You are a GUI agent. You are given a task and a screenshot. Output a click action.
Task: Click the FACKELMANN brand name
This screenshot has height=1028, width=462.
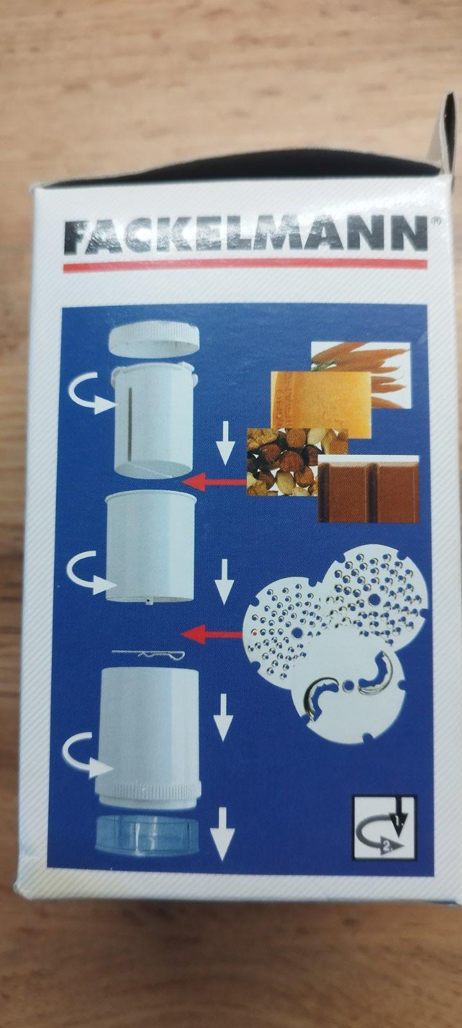[x=246, y=235]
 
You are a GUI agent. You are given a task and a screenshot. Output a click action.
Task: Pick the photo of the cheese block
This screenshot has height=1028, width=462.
[x=321, y=404]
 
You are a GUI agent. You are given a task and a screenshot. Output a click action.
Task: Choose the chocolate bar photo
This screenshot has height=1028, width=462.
[x=368, y=489]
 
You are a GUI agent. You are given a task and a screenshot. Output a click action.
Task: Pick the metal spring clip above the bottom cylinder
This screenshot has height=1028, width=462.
[x=148, y=655]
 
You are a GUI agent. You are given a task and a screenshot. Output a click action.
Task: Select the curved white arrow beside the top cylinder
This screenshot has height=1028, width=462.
[x=88, y=394]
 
